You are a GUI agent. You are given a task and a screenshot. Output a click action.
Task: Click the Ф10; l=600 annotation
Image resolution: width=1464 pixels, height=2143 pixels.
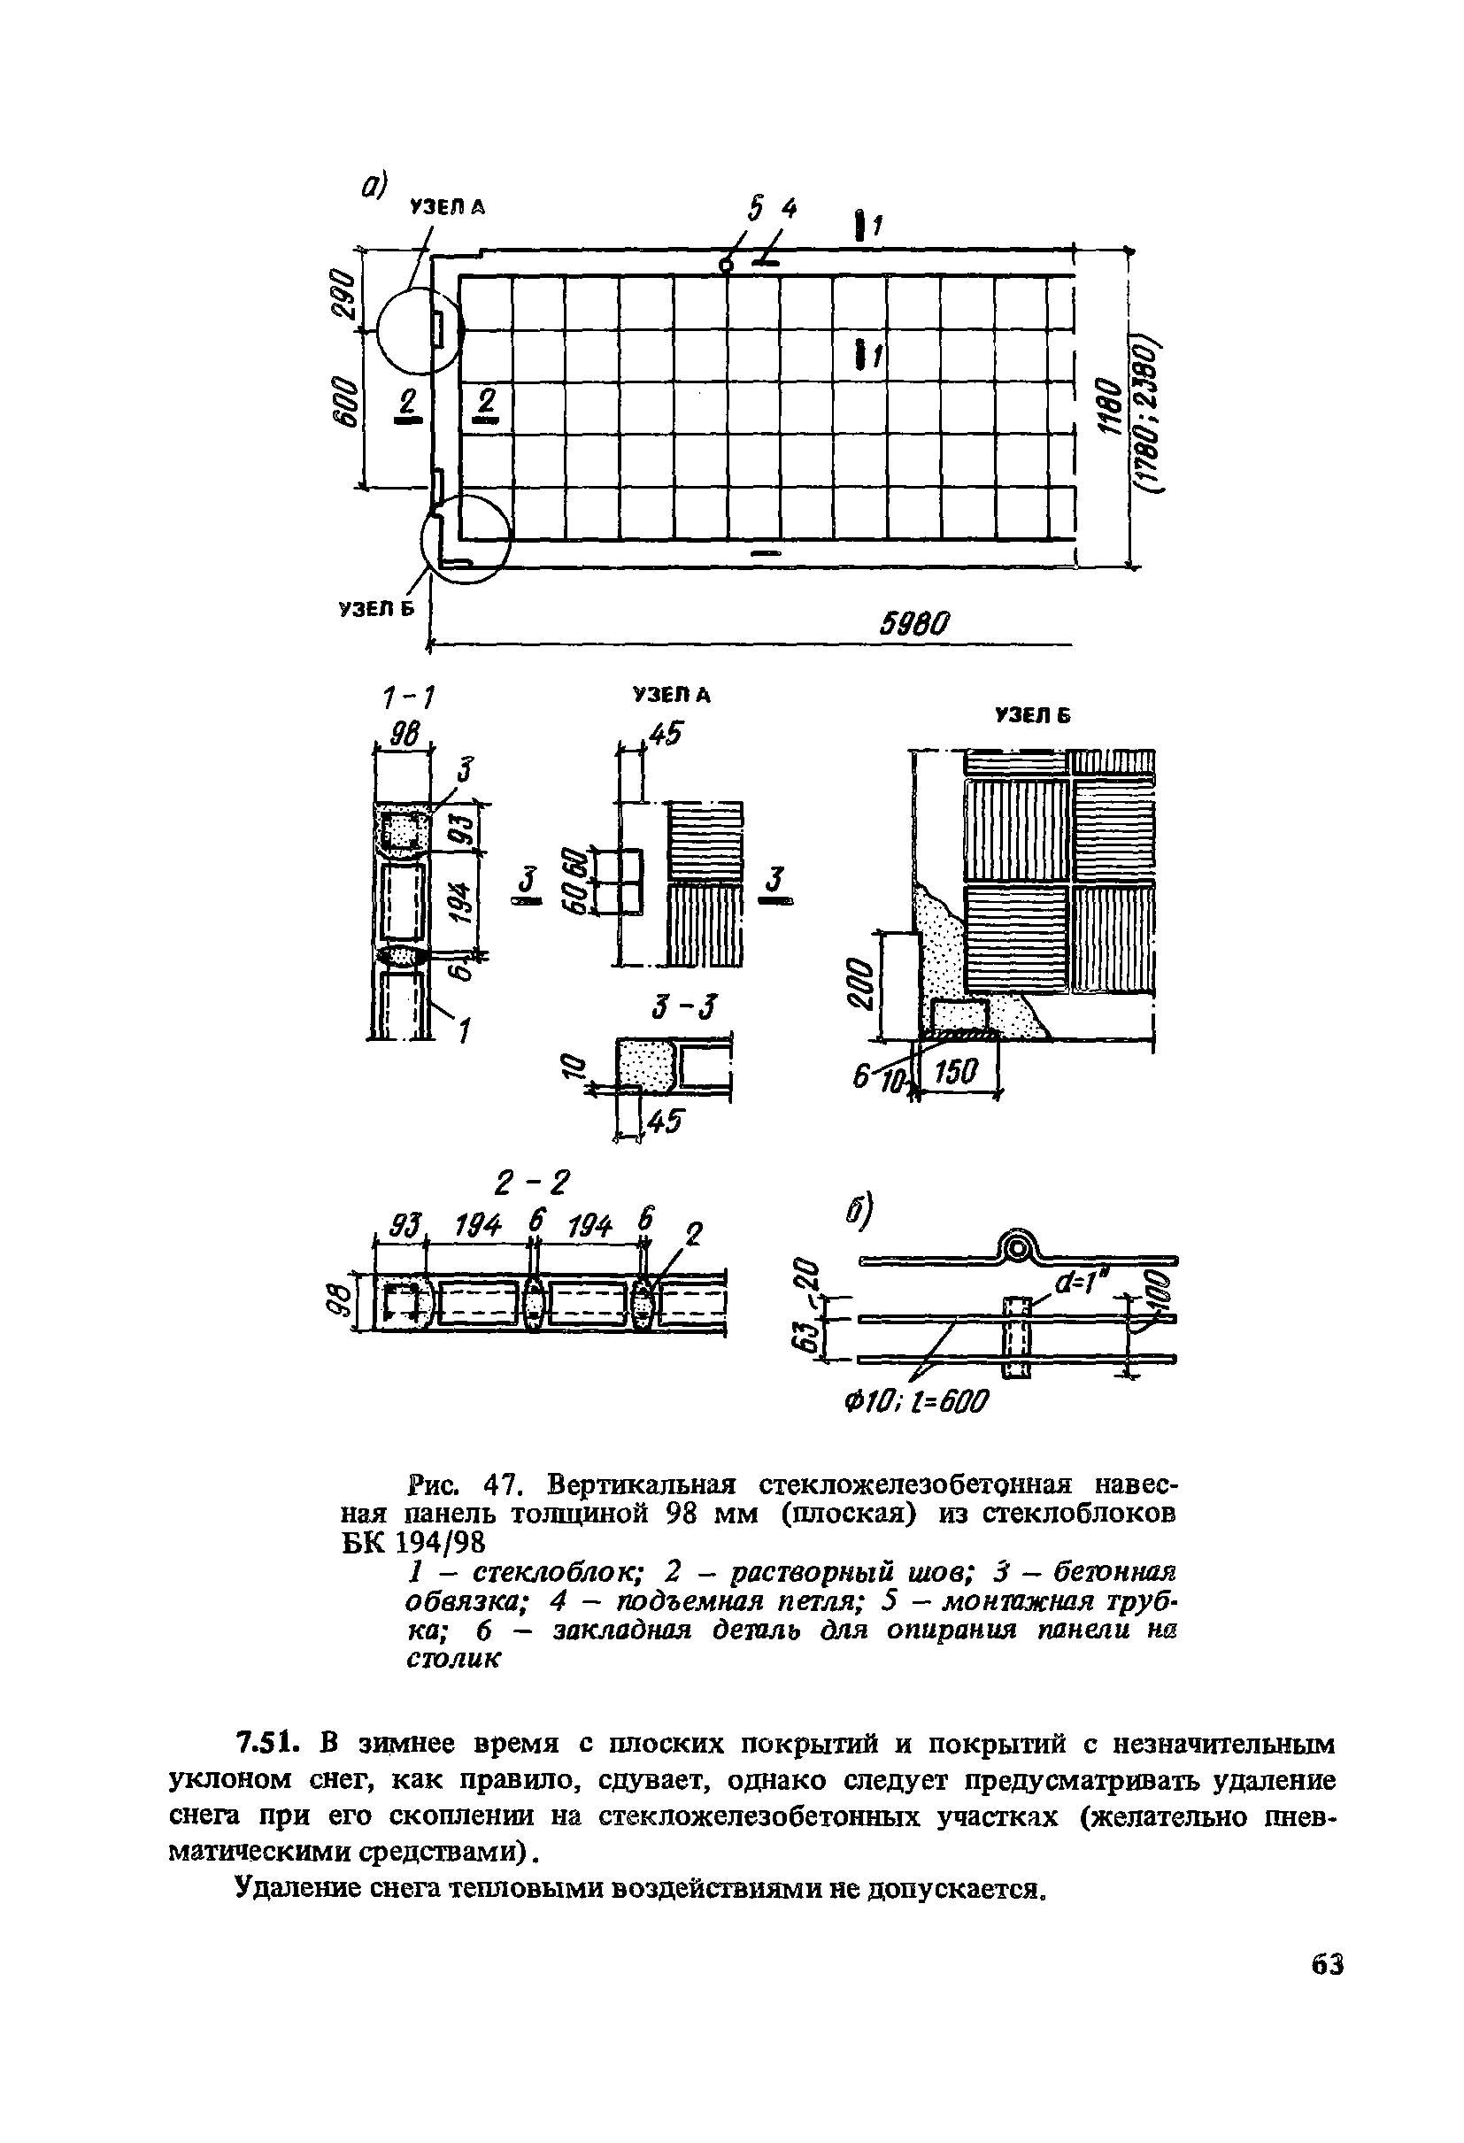(915, 1402)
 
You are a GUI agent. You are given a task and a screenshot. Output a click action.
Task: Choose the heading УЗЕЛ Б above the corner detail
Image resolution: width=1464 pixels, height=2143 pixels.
(1030, 715)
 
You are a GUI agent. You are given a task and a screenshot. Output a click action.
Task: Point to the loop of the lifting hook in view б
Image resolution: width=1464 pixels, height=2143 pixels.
(1016, 1250)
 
